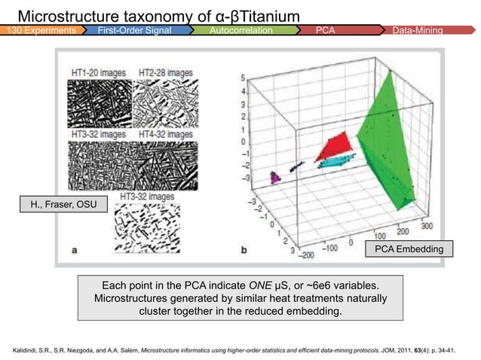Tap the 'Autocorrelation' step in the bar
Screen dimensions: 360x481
241,30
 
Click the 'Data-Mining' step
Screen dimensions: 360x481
418,30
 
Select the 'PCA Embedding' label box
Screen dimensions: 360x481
409,248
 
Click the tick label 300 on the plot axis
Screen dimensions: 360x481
427,225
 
